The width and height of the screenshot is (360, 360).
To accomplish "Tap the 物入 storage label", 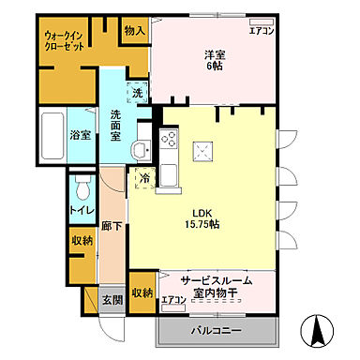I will pos(135,31).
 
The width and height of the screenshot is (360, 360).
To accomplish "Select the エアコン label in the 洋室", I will pos(261,31).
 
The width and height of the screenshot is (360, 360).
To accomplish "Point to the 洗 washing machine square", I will pos(137,94).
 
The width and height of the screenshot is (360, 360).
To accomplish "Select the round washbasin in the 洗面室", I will pos(140,153).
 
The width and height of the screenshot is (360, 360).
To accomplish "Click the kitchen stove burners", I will pos(170,142).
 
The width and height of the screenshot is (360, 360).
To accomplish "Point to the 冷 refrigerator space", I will pos(144,178).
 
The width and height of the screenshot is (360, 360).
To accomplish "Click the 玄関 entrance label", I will pos(112,299).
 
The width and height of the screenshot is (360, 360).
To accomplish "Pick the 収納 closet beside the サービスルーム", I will pos(142,292).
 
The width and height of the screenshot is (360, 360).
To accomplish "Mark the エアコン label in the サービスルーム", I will pos(172,300).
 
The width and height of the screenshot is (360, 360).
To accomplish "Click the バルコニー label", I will pos(217,332).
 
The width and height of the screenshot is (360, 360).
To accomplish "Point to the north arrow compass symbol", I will pos(317,329).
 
